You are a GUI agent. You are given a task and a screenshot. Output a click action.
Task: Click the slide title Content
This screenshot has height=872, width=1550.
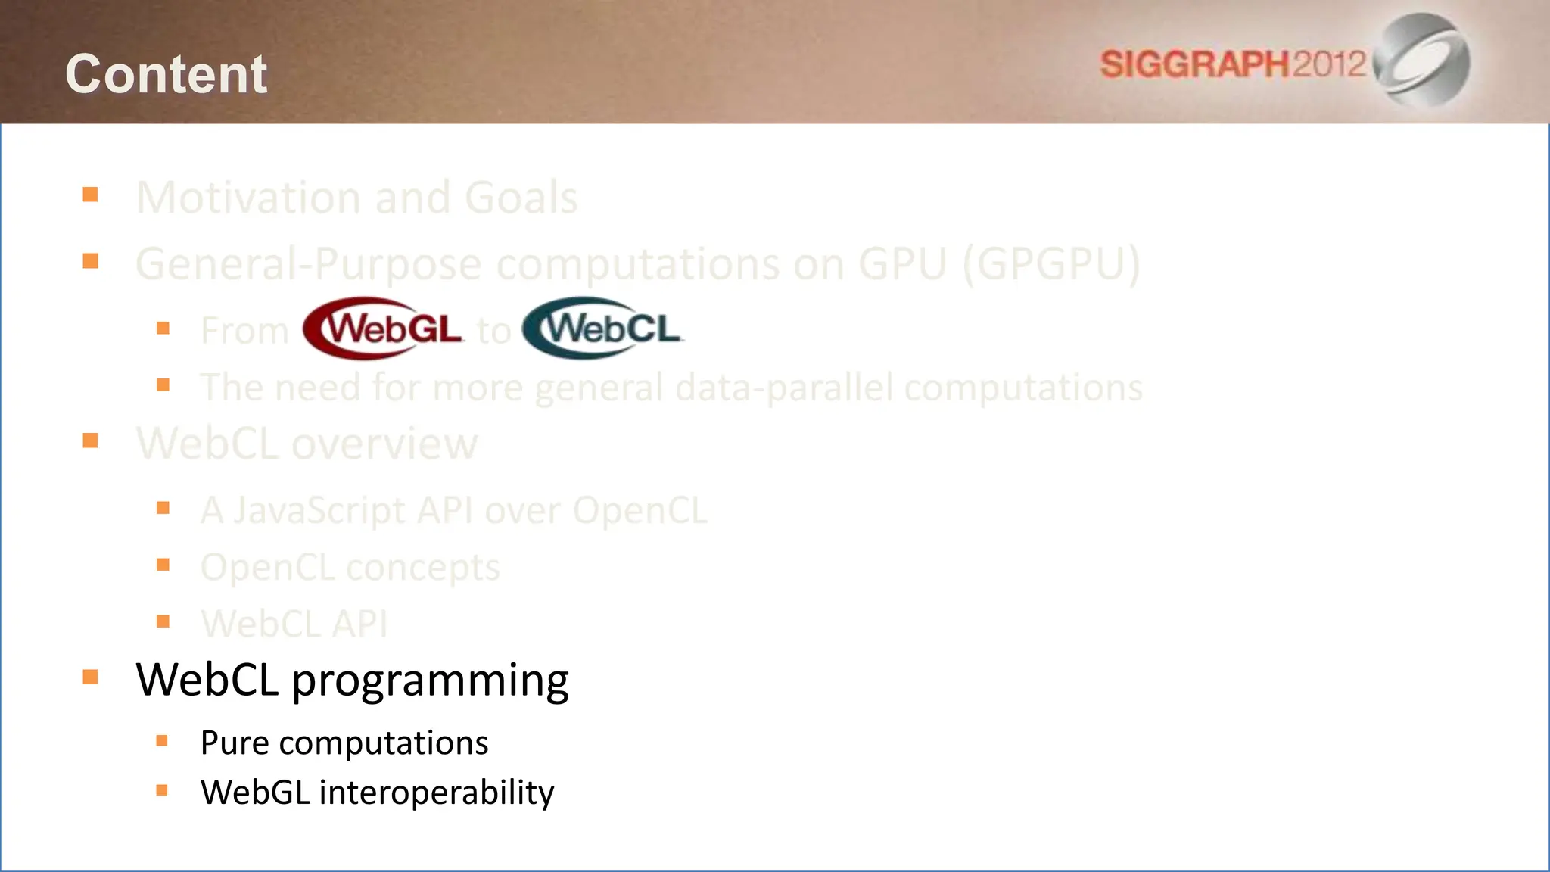166,74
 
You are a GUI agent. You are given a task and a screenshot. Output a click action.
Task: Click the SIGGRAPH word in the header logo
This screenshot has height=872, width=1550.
1194,64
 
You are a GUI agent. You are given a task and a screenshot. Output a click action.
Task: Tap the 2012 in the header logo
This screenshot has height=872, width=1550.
1328,64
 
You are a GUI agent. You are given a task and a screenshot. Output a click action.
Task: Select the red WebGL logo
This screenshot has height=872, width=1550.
383,329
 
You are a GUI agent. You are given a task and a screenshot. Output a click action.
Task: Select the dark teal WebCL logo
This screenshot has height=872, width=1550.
602,329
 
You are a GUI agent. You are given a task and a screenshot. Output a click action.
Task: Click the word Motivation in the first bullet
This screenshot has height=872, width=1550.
248,198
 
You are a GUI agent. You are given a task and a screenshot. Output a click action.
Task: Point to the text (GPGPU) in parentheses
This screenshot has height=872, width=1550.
1051,263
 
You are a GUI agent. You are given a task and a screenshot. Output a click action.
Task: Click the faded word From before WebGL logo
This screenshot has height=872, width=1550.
244,331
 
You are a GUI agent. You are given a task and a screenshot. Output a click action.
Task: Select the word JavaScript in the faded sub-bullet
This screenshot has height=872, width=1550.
319,510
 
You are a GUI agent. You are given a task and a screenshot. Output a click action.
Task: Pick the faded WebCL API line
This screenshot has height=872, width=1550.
294,624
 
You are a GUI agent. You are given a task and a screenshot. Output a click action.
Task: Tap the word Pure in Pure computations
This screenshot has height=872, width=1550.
234,743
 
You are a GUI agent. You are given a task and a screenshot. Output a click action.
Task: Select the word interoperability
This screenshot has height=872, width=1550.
436,793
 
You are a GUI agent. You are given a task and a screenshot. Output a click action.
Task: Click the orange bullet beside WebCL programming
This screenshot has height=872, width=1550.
91,677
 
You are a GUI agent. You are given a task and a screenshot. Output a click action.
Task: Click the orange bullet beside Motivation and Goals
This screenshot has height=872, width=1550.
91,195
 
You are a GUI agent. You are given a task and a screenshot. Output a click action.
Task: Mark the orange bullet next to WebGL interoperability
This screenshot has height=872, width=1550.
162,790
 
